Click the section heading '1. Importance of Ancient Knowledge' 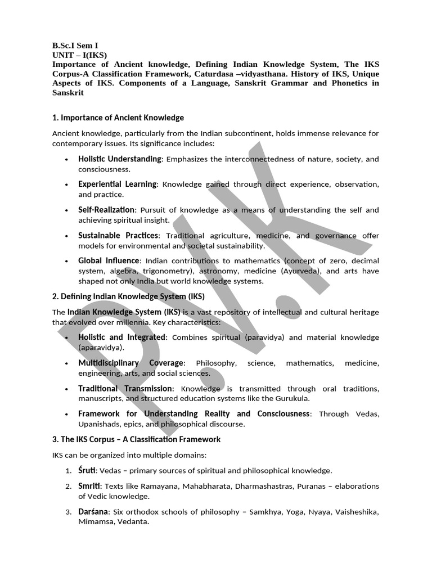point(118,118)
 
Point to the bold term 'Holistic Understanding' point(120,159)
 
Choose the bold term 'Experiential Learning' point(117,184)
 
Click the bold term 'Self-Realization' point(106,210)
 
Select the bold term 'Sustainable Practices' point(119,235)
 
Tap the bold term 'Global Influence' point(109,260)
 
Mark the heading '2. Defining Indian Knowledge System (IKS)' point(128,296)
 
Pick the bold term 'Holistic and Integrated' point(122,337)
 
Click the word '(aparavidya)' point(100,348)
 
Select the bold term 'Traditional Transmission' point(125,389)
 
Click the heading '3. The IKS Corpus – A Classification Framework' point(136,439)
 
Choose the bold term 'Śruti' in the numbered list point(88,470)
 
